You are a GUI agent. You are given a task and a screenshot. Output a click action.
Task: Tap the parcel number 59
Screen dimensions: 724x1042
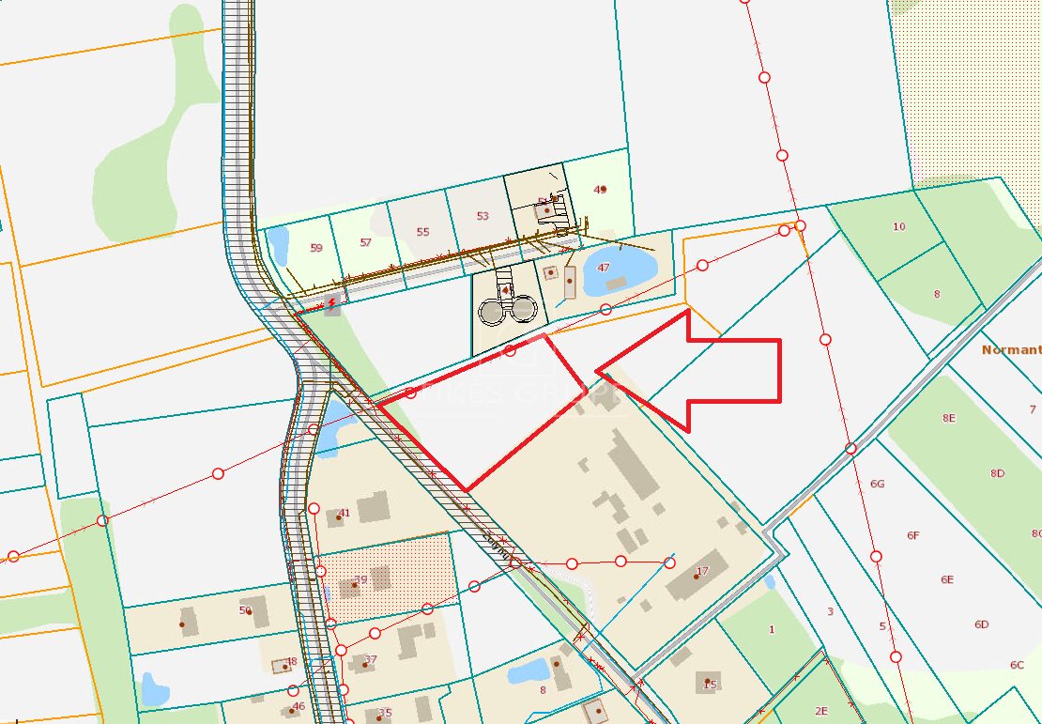click(x=316, y=248)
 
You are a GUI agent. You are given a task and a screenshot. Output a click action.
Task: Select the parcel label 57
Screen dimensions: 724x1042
click(x=366, y=242)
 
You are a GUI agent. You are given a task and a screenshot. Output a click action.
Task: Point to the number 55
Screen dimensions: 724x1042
click(x=422, y=232)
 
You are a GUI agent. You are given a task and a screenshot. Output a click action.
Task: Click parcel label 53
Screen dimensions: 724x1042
click(x=483, y=216)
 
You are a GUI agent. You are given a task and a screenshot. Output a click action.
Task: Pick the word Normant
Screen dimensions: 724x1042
click(x=1011, y=349)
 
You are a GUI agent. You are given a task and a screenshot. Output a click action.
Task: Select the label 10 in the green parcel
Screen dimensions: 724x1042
click(x=899, y=226)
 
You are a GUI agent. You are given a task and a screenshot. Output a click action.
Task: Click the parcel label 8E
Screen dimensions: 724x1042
click(x=949, y=418)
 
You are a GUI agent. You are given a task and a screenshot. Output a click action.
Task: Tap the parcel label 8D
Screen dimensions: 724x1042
click(x=997, y=474)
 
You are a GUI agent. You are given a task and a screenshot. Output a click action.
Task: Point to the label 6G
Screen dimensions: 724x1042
click(x=878, y=484)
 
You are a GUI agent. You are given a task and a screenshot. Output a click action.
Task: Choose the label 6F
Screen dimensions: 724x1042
click(x=913, y=535)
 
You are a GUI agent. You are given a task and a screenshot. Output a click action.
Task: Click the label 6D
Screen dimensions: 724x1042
click(x=982, y=624)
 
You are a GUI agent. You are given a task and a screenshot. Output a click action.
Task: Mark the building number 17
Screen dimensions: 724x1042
click(x=701, y=571)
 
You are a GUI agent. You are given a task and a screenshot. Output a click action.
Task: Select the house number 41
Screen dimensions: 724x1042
click(x=345, y=513)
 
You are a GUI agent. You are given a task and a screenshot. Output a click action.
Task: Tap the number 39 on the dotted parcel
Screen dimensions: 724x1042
click(x=360, y=580)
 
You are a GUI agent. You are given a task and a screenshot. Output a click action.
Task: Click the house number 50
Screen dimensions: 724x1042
click(x=246, y=610)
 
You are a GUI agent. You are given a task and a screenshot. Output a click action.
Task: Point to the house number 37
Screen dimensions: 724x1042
click(x=370, y=659)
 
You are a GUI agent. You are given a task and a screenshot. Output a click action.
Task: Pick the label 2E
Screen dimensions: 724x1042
click(x=821, y=711)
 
